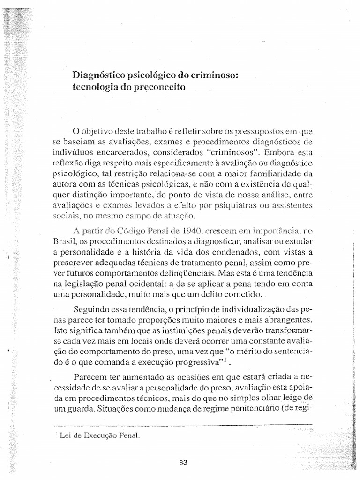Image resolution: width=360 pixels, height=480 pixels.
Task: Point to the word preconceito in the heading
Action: tap(155, 87)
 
